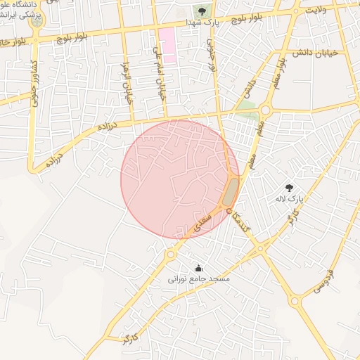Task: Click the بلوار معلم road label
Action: [281, 72]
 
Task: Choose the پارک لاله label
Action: [289, 199]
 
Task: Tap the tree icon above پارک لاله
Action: [289, 187]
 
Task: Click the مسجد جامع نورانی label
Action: [198, 278]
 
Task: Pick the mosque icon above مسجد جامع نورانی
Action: [198, 267]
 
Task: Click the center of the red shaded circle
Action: [180, 179]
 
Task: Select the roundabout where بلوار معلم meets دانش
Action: [266, 109]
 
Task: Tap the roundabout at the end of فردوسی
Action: [295, 302]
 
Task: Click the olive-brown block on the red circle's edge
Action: [231, 192]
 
